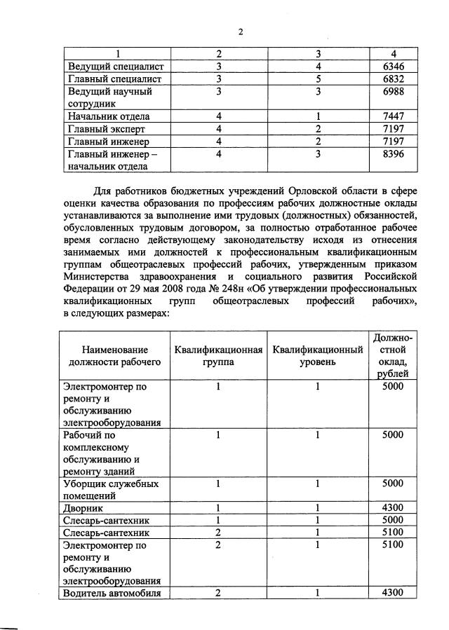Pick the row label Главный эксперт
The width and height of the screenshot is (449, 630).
[x=101, y=129]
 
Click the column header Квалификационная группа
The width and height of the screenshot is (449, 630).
[x=218, y=356]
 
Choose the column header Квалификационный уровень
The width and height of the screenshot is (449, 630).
[x=318, y=356]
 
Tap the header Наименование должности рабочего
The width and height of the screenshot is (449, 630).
[x=115, y=356]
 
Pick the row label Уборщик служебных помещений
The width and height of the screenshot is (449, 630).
[x=111, y=490]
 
